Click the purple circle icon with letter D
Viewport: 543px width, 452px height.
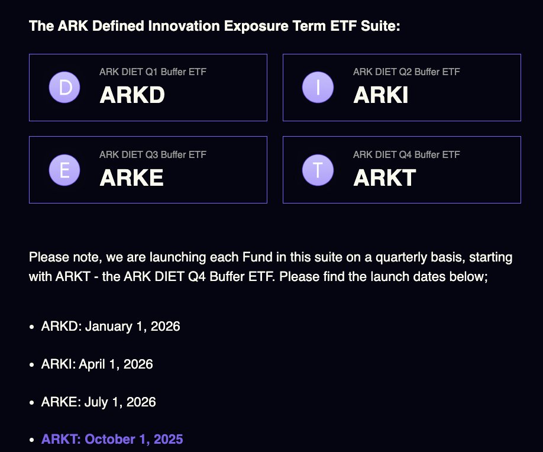pyautogui.click(x=64, y=88)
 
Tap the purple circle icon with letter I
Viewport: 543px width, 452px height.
pyautogui.click(x=318, y=88)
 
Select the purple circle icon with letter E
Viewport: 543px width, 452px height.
pyautogui.click(x=64, y=170)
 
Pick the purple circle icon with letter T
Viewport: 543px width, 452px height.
pyautogui.click(x=318, y=170)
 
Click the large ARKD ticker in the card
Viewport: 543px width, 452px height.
pyautogui.click(x=132, y=95)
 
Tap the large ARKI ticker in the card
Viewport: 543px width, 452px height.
pyautogui.click(x=380, y=95)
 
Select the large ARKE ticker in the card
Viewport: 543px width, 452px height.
pyautogui.click(x=131, y=177)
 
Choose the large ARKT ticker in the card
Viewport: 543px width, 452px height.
pyautogui.click(x=384, y=177)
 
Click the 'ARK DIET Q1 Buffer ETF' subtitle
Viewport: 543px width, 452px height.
pyautogui.click(x=153, y=72)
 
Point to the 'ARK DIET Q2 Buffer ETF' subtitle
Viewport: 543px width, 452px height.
pyautogui.click(x=406, y=72)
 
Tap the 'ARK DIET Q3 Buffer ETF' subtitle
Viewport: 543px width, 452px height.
pyautogui.click(x=153, y=154)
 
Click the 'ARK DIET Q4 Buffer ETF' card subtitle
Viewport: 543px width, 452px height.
pyautogui.click(x=406, y=154)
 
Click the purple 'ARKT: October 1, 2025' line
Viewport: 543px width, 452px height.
pyautogui.click(x=112, y=439)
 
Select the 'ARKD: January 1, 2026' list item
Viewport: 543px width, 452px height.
pyautogui.click(x=111, y=326)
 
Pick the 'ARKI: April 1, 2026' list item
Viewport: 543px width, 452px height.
pyautogui.click(x=97, y=364)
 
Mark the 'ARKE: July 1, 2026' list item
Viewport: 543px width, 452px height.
pyautogui.click(x=98, y=402)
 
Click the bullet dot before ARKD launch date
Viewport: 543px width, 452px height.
pyautogui.click(x=32, y=327)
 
